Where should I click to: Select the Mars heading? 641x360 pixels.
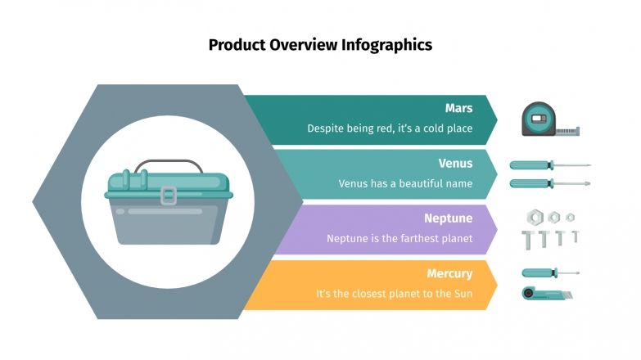tap(458, 108)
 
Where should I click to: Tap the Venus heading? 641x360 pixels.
tap(455, 163)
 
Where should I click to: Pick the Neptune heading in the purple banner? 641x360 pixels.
tap(448, 218)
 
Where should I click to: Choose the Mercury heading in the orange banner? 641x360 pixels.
tap(449, 273)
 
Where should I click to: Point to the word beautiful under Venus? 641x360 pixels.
tap(407, 183)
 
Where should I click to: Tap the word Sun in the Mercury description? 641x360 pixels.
tap(463, 294)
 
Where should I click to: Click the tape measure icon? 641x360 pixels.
tap(547, 119)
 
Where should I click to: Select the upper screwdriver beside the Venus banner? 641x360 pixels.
tap(549, 165)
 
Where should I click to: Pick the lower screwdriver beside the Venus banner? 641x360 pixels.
tap(549, 183)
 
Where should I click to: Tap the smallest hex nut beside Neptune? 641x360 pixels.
tap(571, 217)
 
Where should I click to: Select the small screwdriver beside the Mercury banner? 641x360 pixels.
tap(549, 272)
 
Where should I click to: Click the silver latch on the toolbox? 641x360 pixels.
tap(169, 196)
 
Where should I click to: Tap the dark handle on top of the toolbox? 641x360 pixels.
tap(169, 164)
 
